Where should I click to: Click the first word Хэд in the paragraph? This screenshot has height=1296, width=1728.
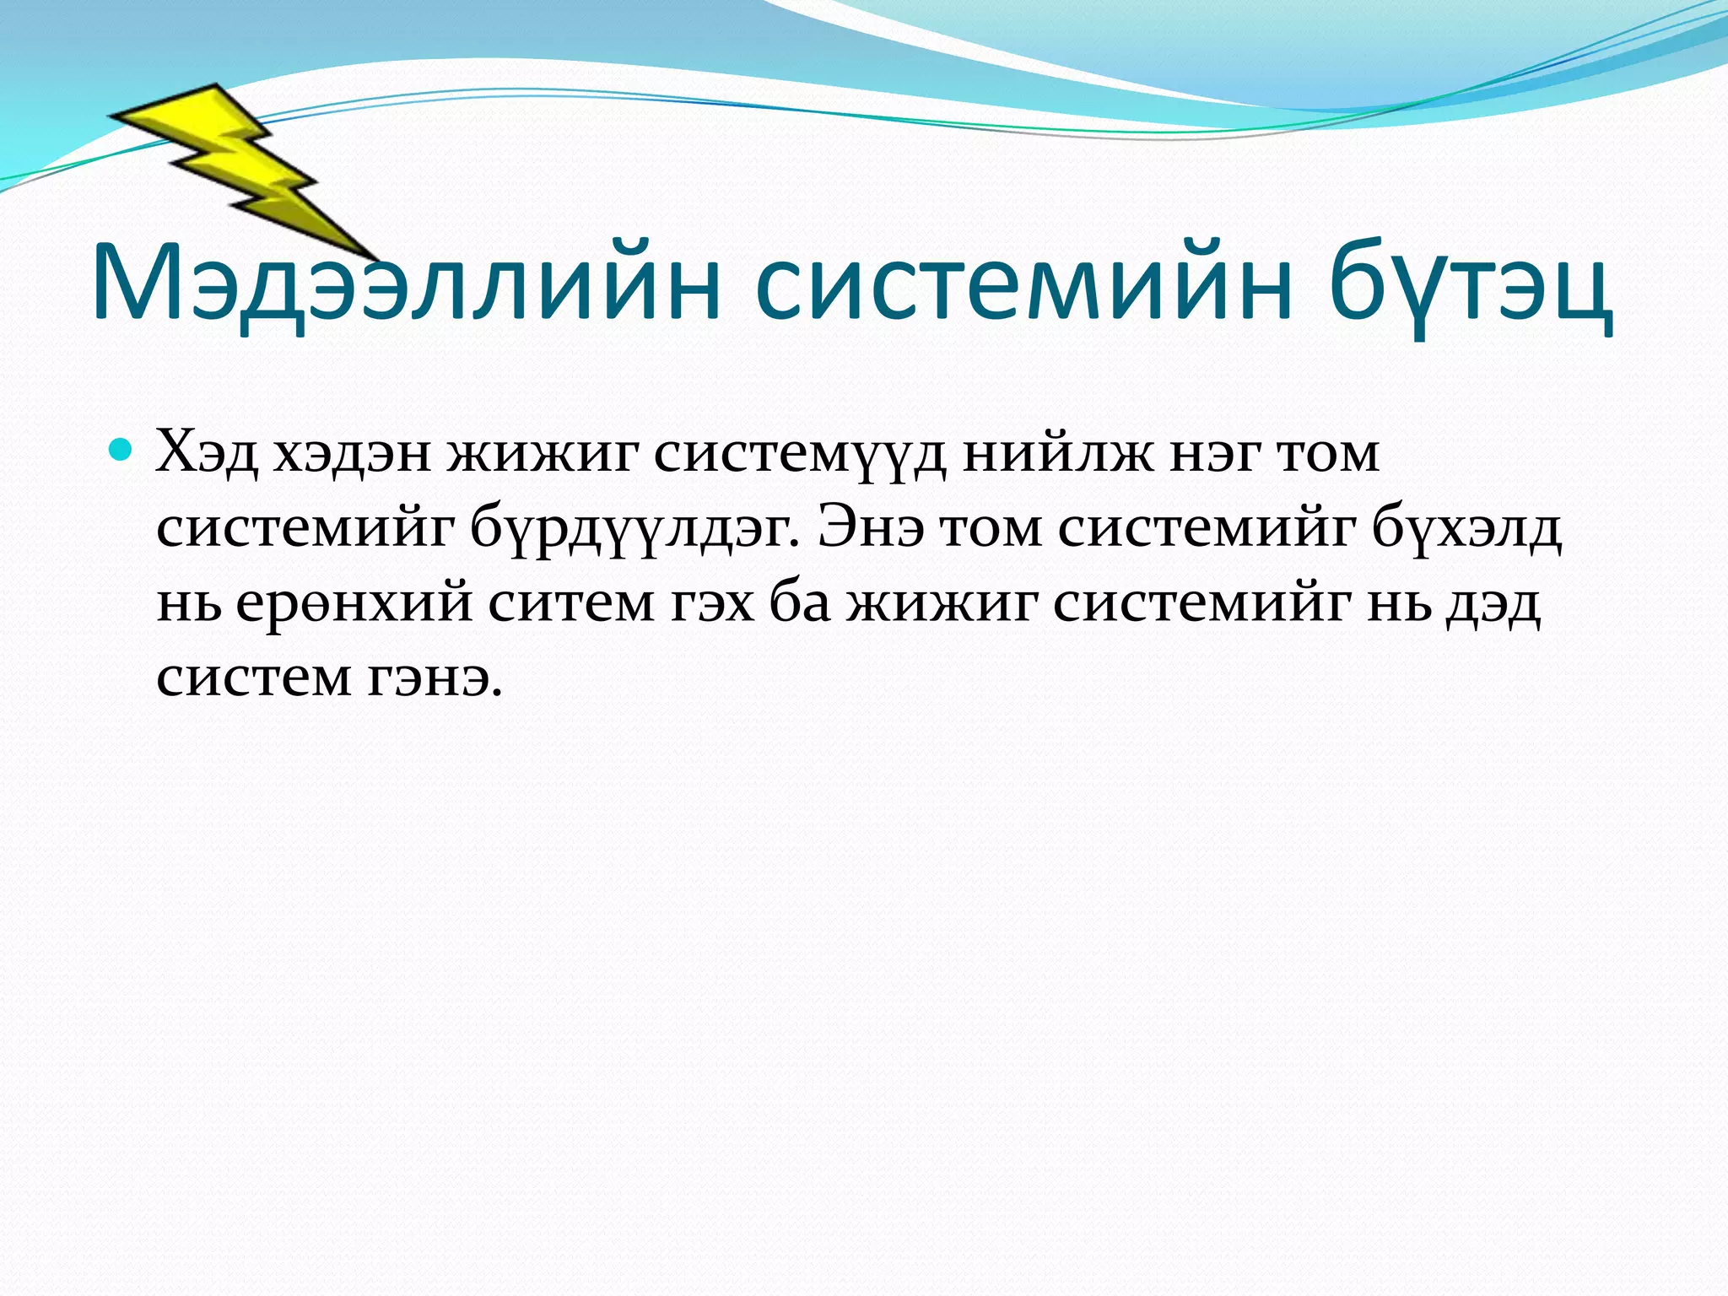point(207,454)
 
